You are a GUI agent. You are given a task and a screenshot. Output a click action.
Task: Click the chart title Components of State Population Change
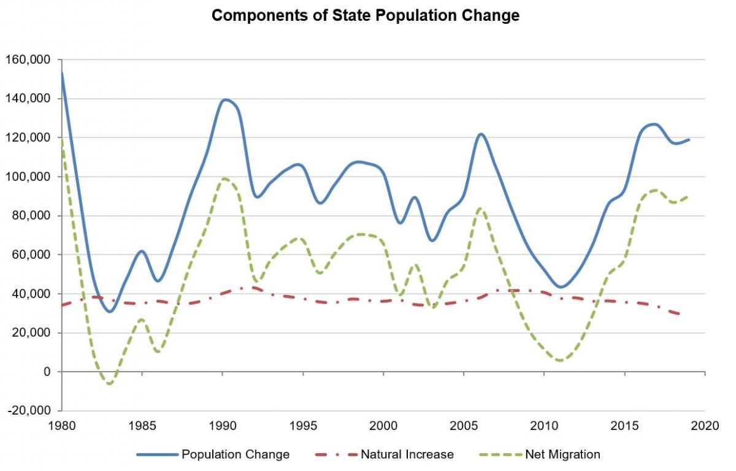(366, 16)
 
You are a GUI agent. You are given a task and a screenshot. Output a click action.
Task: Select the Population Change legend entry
(235, 454)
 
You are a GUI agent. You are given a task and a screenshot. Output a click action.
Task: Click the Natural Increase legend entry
(407, 454)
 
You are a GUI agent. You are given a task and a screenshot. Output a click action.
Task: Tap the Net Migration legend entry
(562, 454)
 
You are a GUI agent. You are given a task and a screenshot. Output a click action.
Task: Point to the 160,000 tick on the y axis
(29, 59)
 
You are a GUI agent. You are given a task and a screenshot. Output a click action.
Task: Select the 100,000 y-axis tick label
(29, 177)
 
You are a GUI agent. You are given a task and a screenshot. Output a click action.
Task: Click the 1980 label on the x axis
(61, 424)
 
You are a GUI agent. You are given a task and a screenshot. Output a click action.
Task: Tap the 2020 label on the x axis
(705, 424)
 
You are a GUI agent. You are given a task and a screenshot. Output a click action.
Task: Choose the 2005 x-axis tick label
(464, 424)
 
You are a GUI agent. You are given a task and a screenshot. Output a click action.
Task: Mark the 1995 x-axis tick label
(303, 424)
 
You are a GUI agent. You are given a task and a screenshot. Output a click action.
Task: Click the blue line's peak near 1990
(226, 99)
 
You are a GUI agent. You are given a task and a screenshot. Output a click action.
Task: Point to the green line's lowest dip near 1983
(110, 384)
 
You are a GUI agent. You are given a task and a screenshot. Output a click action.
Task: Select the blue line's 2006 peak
(480, 134)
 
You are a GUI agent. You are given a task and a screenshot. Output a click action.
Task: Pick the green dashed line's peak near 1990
(224, 178)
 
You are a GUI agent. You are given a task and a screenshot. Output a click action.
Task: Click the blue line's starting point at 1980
(61, 74)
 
